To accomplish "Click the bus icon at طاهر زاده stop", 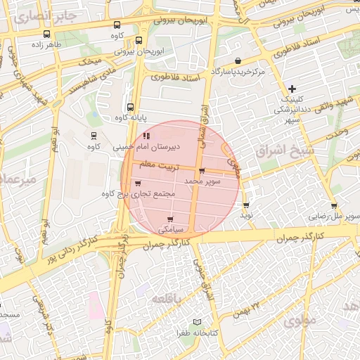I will coord(46,34).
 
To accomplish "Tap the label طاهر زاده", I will coord(46,44).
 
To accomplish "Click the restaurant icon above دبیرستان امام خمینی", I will coord(146,136).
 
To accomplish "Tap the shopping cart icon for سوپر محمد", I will coord(202,171).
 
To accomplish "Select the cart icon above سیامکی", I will coord(170,219).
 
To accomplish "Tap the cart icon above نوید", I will coord(245,205).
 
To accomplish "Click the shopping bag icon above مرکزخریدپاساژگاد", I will coord(238,61).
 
